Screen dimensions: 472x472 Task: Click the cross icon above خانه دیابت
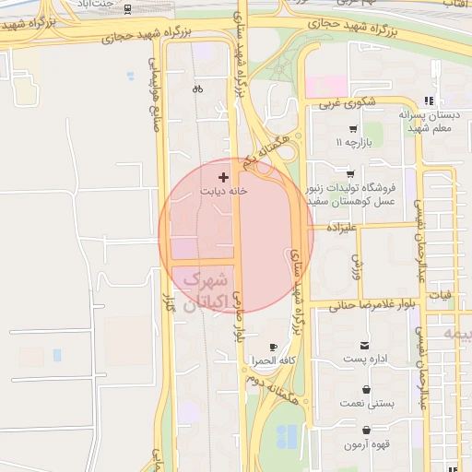(222, 176)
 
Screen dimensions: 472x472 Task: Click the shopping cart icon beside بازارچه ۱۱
(352, 130)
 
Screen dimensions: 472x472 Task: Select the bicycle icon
(197, 89)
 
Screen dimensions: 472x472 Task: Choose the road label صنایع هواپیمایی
(155, 92)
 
